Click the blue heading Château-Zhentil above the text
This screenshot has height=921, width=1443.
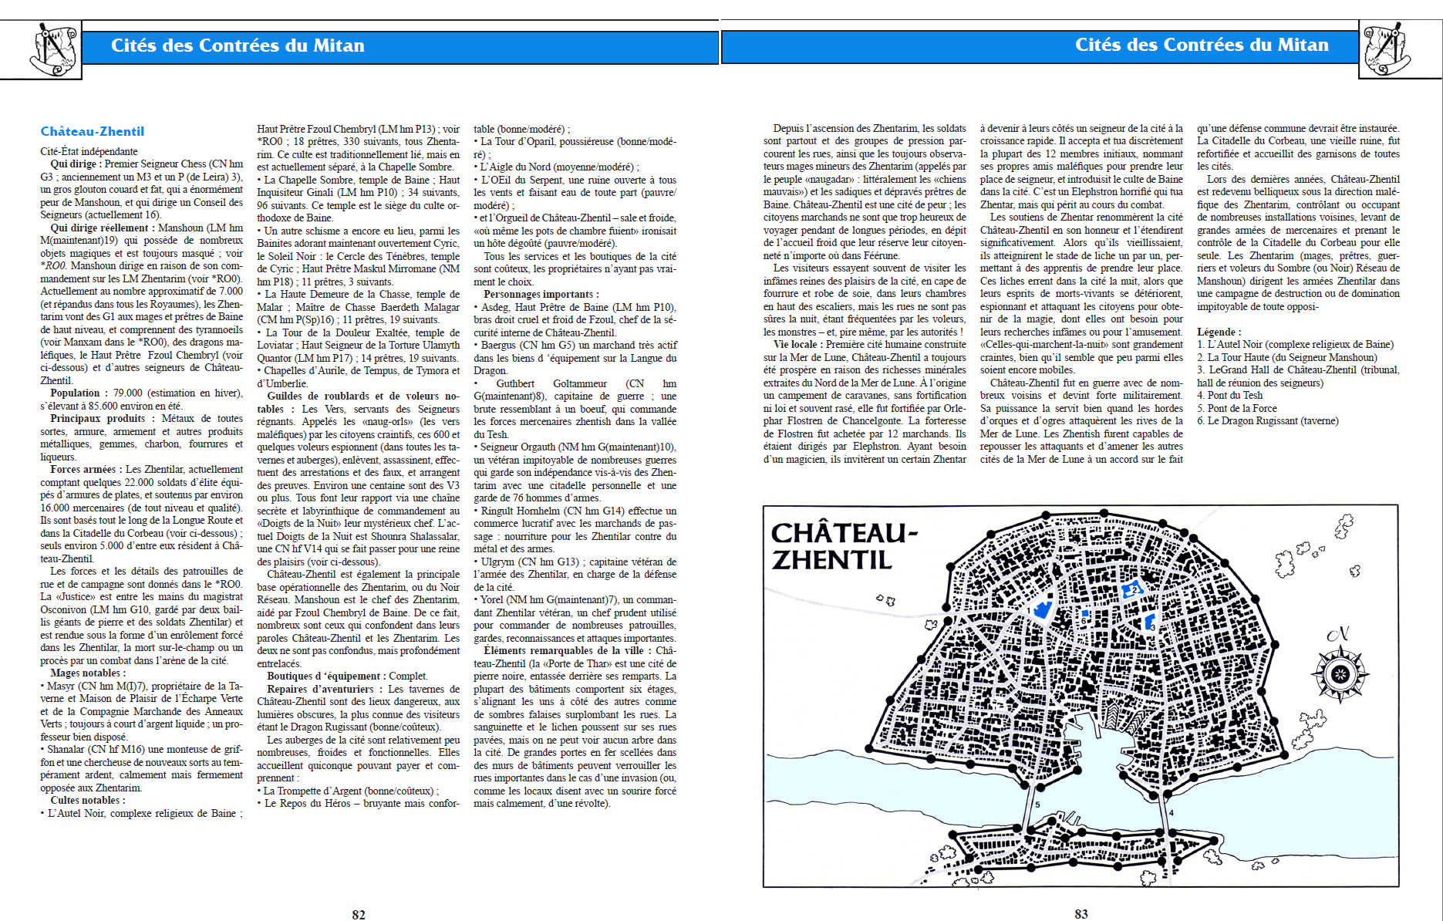coord(92,131)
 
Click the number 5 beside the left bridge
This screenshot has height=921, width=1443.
coord(1037,805)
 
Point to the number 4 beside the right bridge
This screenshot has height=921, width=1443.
coord(1171,813)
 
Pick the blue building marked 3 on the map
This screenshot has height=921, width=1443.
coord(1150,622)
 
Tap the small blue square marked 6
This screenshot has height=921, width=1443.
coord(1085,614)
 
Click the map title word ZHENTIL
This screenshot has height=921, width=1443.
coord(831,560)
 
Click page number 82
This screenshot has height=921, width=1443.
coord(359,914)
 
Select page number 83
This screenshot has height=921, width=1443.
coord(1081,913)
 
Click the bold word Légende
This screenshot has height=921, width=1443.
coord(1219,332)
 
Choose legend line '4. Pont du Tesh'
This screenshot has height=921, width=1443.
coord(1229,395)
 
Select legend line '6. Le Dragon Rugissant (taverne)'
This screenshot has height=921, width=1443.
coord(1267,420)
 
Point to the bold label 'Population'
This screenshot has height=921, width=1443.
coord(76,393)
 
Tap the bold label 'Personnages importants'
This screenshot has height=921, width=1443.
coord(540,294)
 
